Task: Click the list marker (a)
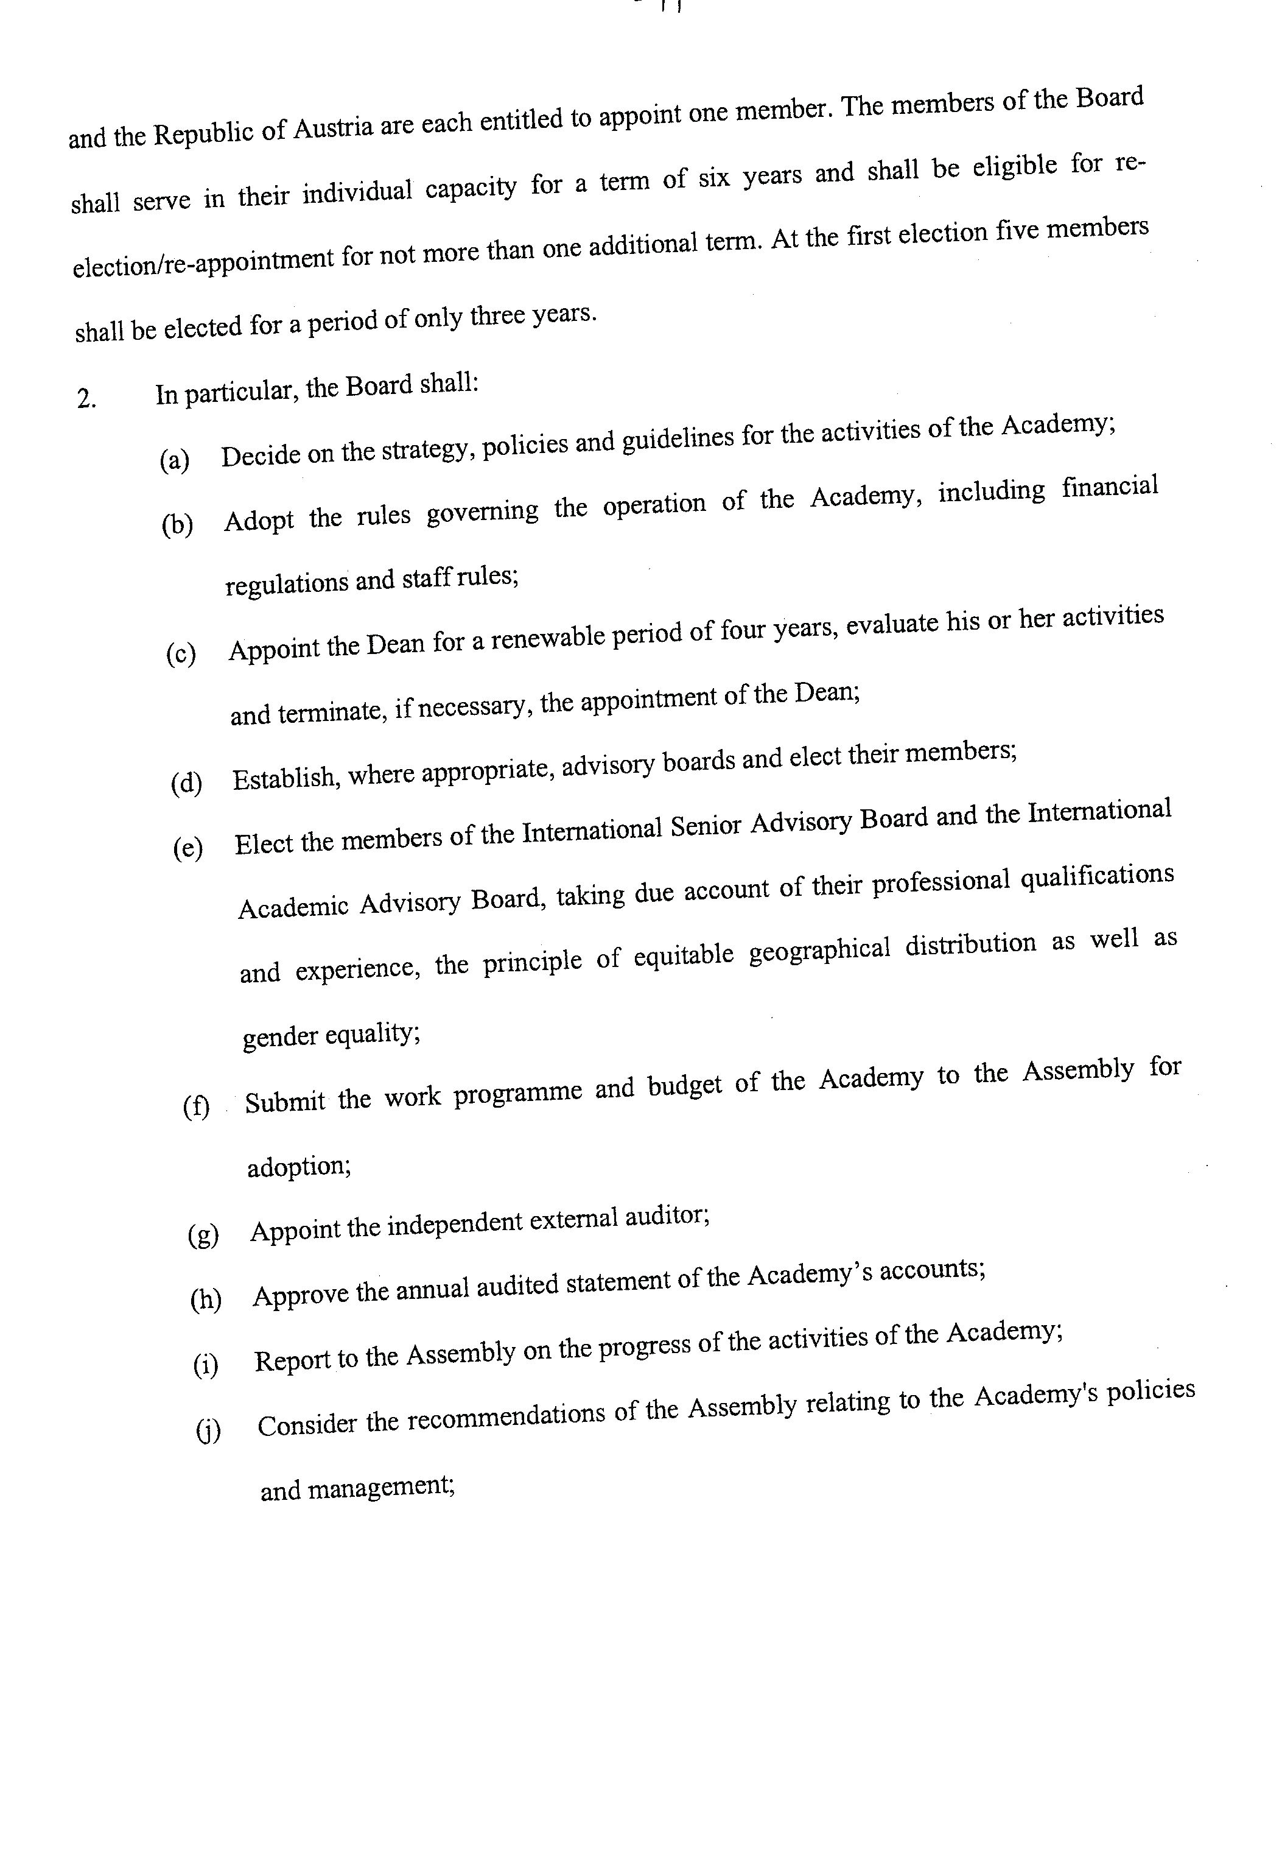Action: click(x=174, y=461)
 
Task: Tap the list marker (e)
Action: click(x=188, y=848)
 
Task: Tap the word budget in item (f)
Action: click(x=684, y=1085)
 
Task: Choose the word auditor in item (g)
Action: click(x=667, y=1218)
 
